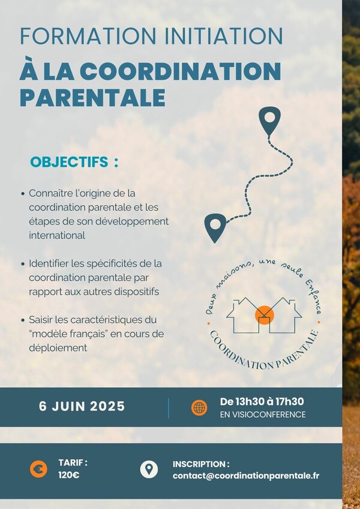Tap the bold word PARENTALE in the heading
(x=93, y=97)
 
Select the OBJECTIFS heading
(x=69, y=162)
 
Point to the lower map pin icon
(x=215, y=228)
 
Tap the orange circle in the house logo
(x=265, y=315)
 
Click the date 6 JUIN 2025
(x=82, y=406)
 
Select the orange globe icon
(x=199, y=408)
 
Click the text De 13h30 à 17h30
(x=262, y=402)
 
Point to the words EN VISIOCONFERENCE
(x=263, y=415)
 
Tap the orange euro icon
(x=38, y=469)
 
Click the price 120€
(x=69, y=475)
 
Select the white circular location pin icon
(x=149, y=469)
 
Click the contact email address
(x=246, y=476)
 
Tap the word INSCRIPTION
(x=199, y=464)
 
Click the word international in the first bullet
(x=57, y=235)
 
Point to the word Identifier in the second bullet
(x=49, y=264)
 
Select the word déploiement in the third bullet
(x=58, y=348)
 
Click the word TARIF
(x=71, y=462)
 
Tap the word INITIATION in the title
(x=224, y=36)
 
